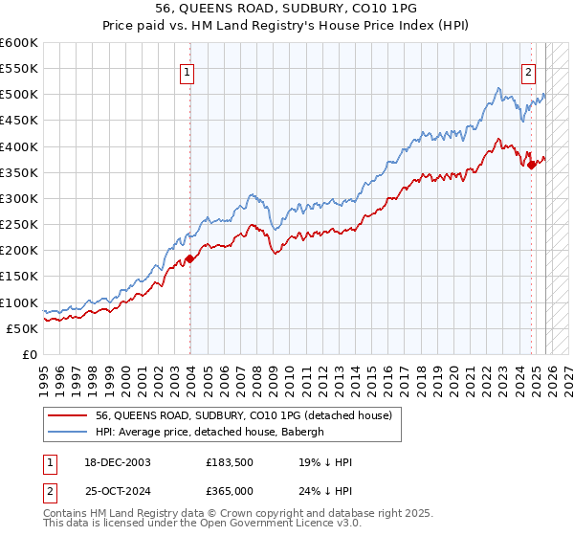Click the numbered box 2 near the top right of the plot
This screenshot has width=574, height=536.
tap(528, 70)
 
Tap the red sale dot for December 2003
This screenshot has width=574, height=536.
tap(189, 258)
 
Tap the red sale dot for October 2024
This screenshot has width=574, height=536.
tap(532, 165)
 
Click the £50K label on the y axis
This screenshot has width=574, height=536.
tap(22, 328)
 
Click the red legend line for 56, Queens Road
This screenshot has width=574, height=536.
tap(68, 415)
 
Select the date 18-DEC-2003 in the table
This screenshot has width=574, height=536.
tap(110, 462)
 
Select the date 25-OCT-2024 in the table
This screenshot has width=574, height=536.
tap(110, 491)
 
